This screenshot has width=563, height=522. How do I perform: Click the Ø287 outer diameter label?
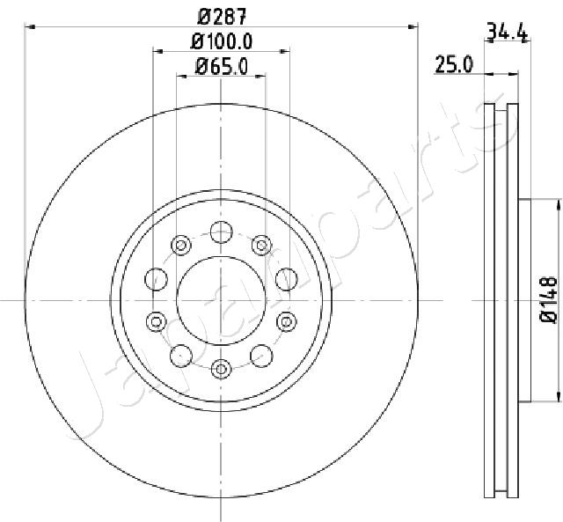coord(223,17)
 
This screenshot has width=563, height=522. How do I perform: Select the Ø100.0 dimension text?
coord(222,41)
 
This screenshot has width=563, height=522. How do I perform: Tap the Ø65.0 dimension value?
coord(222,67)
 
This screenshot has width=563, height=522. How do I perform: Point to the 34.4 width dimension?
coord(508,31)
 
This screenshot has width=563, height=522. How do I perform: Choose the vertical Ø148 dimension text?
coord(549,299)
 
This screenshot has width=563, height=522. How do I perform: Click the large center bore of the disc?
coord(221,300)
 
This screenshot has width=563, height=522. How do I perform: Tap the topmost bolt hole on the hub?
coord(221,232)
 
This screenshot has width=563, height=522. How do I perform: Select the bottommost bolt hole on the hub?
coord(221,369)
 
